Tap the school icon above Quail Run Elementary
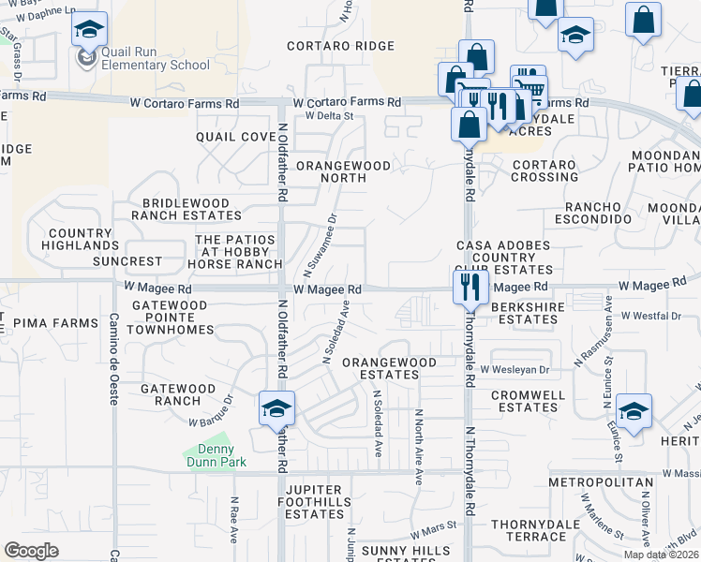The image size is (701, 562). [89, 32]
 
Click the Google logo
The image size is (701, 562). [32, 550]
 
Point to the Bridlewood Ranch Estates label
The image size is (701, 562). [186, 209]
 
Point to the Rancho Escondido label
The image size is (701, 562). [598, 212]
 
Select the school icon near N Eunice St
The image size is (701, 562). [634, 412]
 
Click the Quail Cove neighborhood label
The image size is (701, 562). [236, 137]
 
